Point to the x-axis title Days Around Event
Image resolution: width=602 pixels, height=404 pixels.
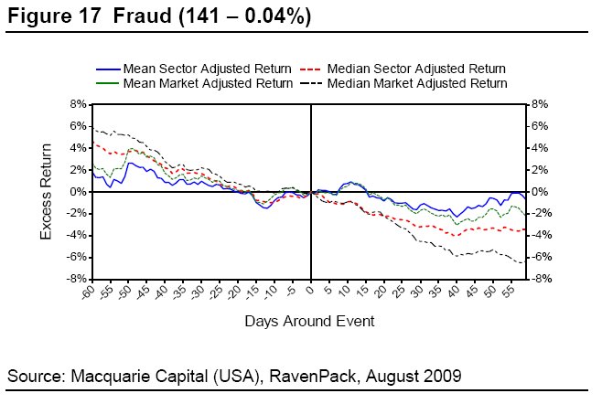(309, 322)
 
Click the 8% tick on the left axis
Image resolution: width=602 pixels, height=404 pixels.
(79, 105)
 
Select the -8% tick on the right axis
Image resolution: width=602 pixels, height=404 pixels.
(539, 279)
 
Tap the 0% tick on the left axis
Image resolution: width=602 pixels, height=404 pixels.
(79, 192)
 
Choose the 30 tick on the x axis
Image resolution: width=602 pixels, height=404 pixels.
(416, 291)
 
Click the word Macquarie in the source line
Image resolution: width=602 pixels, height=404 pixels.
(108, 375)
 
